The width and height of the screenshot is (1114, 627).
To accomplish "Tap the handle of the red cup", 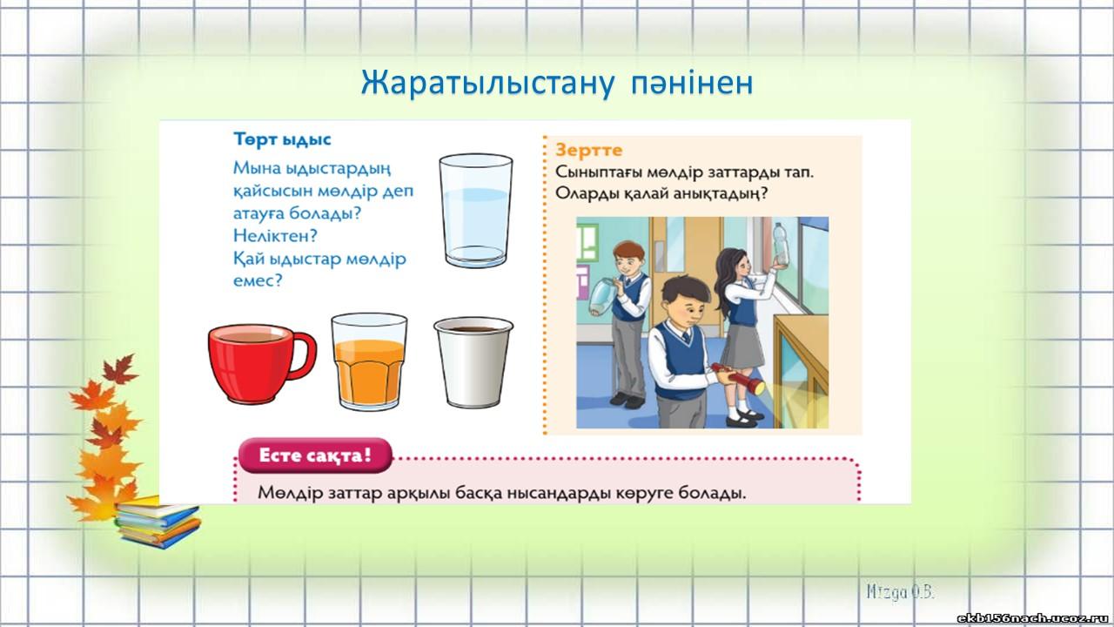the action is [305, 354].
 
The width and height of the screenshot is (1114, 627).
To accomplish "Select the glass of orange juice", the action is [369, 361].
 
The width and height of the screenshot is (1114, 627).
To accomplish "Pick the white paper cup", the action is [473, 362].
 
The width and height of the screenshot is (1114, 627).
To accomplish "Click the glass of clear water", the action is [476, 211].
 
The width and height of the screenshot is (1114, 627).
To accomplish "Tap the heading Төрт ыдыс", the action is [282, 140].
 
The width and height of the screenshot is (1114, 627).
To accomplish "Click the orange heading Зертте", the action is [589, 150].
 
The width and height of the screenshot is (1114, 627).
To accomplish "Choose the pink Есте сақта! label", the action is [315, 455].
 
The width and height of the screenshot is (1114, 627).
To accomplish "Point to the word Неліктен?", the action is [275, 235].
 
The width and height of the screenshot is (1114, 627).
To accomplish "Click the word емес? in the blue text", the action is [258, 280].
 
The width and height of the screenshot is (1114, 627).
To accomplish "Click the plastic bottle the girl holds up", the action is [781, 244].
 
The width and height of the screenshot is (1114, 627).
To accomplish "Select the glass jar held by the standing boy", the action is [603, 297].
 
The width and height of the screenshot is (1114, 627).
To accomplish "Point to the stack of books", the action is [158, 522].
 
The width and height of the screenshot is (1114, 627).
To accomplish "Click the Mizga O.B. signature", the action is [901, 592].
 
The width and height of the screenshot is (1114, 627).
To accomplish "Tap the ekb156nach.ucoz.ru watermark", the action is [1034, 618].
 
